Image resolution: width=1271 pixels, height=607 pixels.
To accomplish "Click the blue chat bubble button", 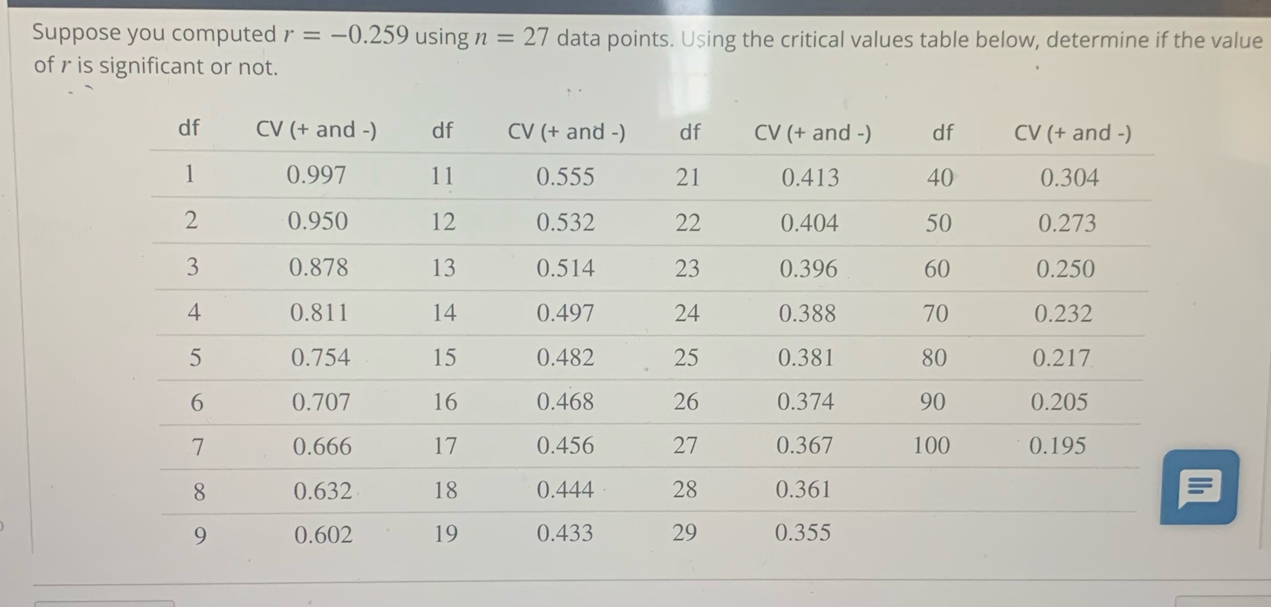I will click(1199, 487).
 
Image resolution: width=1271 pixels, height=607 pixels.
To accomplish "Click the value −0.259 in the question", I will click(369, 35).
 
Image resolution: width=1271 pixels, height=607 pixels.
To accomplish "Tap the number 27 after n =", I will click(536, 37).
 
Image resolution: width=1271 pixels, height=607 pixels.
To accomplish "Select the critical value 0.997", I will click(316, 175).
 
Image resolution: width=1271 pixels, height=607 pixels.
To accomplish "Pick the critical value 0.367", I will click(804, 446).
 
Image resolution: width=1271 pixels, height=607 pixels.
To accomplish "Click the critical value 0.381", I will click(806, 357).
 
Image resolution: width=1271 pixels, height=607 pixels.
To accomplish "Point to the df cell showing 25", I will click(686, 357).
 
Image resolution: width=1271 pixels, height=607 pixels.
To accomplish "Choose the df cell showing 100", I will click(931, 446).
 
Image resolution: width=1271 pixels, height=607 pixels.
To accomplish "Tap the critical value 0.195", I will click(1057, 446).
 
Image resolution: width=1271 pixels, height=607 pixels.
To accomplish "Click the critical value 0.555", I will click(565, 177).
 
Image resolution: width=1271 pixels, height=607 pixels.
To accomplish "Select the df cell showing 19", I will click(445, 533).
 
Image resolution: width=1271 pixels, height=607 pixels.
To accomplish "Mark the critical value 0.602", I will click(323, 534).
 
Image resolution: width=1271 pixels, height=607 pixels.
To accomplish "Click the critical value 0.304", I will click(1069, 178).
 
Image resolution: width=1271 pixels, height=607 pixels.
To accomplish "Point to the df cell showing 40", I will click(940, 177).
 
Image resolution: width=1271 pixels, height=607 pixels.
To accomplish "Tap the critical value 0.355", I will click(803, 532).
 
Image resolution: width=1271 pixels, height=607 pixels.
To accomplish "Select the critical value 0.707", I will click(321, 402).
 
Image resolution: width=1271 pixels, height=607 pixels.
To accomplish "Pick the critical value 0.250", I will click(1065, 269).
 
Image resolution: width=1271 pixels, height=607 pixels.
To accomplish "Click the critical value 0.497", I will click(565, 313).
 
